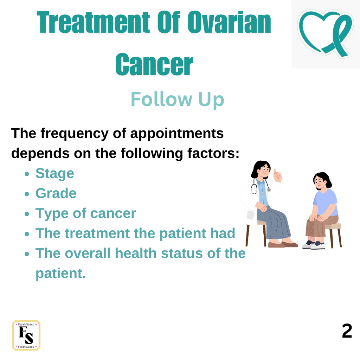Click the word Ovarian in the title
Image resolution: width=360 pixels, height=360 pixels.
point(229,22)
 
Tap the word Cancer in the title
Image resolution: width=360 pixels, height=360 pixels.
point(154,64)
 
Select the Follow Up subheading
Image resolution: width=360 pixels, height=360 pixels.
point(177,99)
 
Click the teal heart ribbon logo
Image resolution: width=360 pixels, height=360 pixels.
point(325,33)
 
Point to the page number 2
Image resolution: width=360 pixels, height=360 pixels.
point(347,331)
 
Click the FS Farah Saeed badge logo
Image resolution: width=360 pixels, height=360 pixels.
point(26,335)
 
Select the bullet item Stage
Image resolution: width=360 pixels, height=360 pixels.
point(54,173)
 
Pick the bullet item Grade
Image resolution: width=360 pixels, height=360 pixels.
point(56,193)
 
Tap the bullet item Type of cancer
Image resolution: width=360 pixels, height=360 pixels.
point(86,213)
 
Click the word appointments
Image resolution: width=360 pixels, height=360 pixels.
point(177,134)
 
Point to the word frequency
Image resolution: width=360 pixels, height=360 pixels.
point(75,134)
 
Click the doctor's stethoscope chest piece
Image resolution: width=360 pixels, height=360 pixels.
point(269,190)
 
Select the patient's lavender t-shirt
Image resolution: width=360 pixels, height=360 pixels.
point(325,202)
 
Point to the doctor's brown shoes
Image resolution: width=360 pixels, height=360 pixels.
point(282,245)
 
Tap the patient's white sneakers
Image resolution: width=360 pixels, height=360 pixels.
point(314,245)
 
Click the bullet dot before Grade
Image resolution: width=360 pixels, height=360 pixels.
point(27,194)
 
